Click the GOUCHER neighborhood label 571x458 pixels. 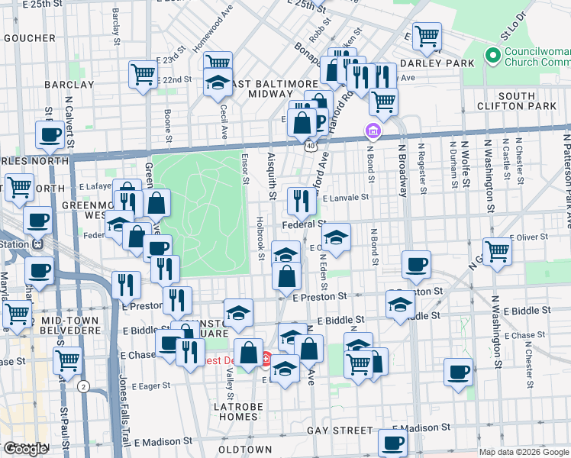coord(28,37)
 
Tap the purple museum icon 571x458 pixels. coord(373,131)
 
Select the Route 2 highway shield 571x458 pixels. coord(82,387)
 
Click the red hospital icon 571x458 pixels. coord(266,357)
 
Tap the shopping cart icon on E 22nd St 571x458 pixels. coord(142,75)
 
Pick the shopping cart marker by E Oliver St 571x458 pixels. coord(496,250)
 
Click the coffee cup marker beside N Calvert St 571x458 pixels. coord(50,135)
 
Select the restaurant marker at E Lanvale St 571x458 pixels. coord(302,201)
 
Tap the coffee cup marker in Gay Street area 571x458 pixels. coord(393,441)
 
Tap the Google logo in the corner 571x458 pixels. coord(27,449)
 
